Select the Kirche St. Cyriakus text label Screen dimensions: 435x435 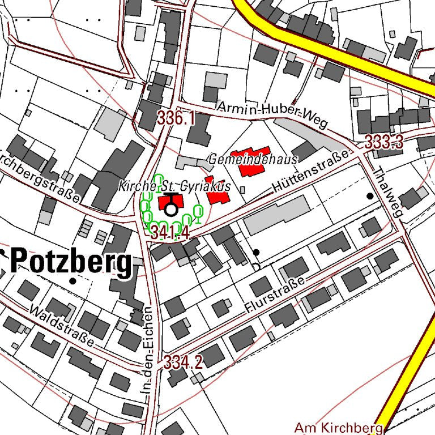[174, 186]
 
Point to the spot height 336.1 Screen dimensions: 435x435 [176, 119]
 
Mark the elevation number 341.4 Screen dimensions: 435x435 [169, 232]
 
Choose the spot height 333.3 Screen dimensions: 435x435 [383, 142]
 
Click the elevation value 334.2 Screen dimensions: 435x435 [183, 362]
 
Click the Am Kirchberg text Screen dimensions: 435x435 [339, 427]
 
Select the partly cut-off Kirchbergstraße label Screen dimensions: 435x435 [40, 174]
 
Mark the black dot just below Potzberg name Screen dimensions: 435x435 [72, 281]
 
